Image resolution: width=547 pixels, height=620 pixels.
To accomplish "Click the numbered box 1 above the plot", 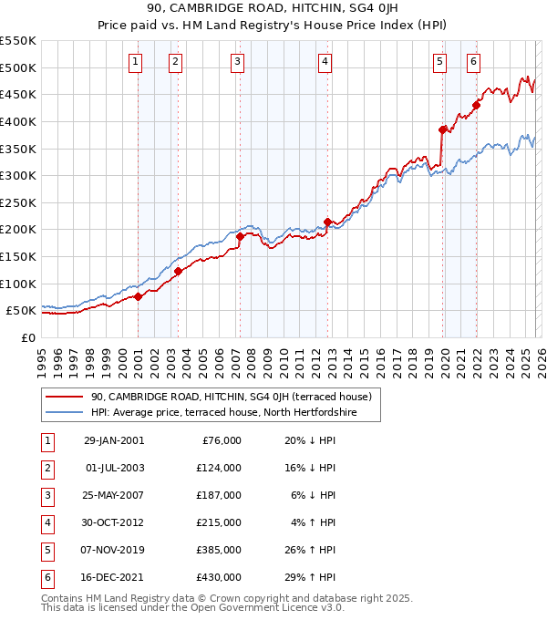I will coord(136,62).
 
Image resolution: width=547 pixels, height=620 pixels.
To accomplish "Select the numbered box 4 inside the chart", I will coord(325,62).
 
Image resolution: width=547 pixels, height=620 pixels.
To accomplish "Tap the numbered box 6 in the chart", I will coord(473,62).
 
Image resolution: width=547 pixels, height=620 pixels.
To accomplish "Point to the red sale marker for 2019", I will coord(443,129).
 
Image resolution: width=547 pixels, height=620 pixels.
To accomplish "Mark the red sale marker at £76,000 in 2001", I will coord(138,296).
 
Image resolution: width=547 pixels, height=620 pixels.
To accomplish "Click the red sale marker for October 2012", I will coord(327,222).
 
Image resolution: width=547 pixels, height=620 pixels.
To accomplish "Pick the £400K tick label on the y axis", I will coord(18,121).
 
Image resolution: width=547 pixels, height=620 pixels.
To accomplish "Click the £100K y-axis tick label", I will coord(18,284).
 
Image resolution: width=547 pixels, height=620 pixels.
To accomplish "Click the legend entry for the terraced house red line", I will coord(231,397).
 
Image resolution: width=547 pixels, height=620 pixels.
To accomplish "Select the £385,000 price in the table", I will coord(219,551).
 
